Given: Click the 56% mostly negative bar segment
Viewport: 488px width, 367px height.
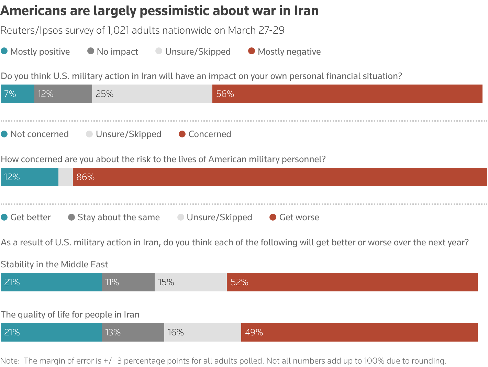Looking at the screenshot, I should (x=347, y=94).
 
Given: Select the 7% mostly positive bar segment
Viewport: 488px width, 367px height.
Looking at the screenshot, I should (x=17, y=94).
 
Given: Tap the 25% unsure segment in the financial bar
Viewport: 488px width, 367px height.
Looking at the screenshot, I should (x=152, y=94).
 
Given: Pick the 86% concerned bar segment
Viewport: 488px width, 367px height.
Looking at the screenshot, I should (x=280, y=177).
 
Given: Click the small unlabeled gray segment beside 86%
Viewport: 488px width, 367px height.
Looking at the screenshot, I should (x=66, y=177).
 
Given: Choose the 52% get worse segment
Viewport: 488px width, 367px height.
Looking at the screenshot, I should (x=352, y=282).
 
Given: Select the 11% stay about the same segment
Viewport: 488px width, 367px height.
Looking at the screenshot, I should (x=128, y=282).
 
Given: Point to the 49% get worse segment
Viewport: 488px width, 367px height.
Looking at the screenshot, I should (x=359, y=332).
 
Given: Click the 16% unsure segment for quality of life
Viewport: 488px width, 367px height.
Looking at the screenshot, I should (x=202, y=332).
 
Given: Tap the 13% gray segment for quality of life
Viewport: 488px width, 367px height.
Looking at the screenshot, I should (x=133, y=332).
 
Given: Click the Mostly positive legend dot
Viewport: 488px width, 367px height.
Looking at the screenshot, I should (x=4, y=51).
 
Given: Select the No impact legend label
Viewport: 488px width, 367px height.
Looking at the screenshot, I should (x=117, y=52).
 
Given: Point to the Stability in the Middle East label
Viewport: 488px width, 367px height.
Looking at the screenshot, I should (x=54, y=264).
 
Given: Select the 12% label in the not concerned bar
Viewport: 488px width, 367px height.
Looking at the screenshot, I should (x=12, y=177).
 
